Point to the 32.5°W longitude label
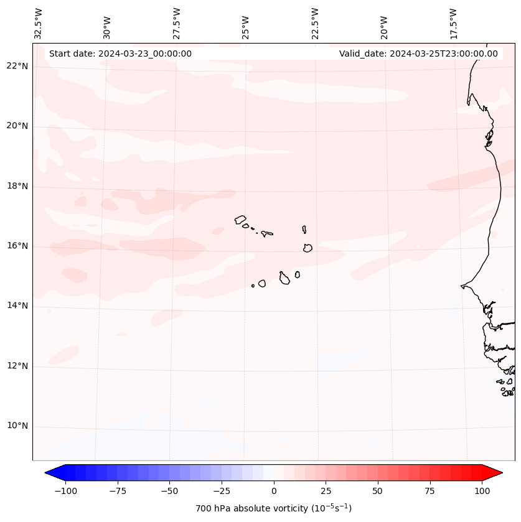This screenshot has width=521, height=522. coord(39,23)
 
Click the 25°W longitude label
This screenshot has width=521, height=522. coord(246,23)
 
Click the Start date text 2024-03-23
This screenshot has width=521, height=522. coord(120,54)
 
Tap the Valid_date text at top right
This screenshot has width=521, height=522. coord(418,54)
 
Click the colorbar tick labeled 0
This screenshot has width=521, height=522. coord(274,491)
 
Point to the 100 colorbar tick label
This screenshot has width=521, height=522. coord(482,491)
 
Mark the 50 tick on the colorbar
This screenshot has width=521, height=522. coord(378,491)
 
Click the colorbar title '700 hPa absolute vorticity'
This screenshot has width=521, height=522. coord(273,508)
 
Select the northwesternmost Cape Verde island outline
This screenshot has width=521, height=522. coord(240,219)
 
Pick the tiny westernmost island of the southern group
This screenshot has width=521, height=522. coord(253,286)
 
